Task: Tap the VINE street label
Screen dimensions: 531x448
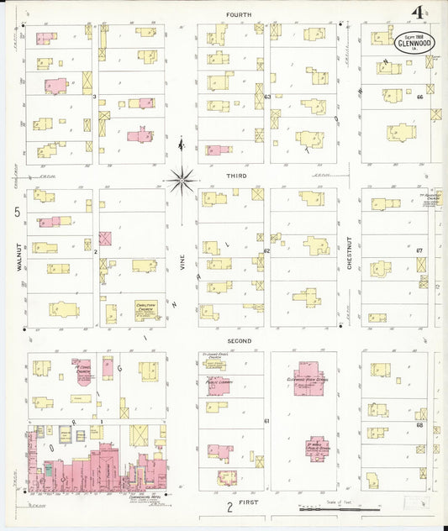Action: click(x=181, y=262)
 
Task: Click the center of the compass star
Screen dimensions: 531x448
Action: click(x=182, y=178)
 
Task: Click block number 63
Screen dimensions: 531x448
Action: click(x=267, y=97)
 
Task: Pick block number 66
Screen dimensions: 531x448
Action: click(x=418, y=97)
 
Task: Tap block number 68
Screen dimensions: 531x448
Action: click(x=418, y=424)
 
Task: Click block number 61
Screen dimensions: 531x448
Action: click(x=266, y=420)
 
